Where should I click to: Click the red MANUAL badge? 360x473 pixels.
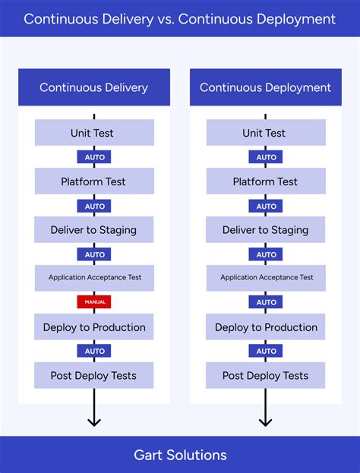94,302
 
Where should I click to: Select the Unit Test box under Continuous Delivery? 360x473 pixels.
94,133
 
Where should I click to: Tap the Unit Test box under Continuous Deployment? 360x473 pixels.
266,133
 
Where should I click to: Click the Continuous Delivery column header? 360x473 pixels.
94,87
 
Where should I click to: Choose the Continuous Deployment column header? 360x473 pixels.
266,87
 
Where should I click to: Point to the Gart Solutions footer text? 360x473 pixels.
180,455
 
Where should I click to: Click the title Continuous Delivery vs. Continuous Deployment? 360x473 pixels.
180,19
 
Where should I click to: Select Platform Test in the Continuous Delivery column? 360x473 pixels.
94,181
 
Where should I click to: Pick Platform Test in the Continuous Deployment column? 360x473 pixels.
266,181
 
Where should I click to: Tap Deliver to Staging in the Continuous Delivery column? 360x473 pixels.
94,230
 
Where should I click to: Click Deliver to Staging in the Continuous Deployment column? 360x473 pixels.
266,230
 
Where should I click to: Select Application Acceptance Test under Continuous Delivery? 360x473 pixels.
94,278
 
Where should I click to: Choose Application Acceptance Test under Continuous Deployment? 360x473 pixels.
266,278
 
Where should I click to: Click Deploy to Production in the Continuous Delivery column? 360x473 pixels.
94,327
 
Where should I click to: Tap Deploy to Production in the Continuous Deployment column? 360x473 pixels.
266,327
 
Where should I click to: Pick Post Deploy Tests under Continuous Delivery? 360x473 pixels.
94,376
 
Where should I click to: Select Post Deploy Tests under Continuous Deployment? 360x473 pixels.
266,376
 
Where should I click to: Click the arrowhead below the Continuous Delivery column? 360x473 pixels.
94,421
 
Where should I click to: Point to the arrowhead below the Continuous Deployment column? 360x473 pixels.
266,421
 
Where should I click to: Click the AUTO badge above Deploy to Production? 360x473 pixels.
266,302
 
